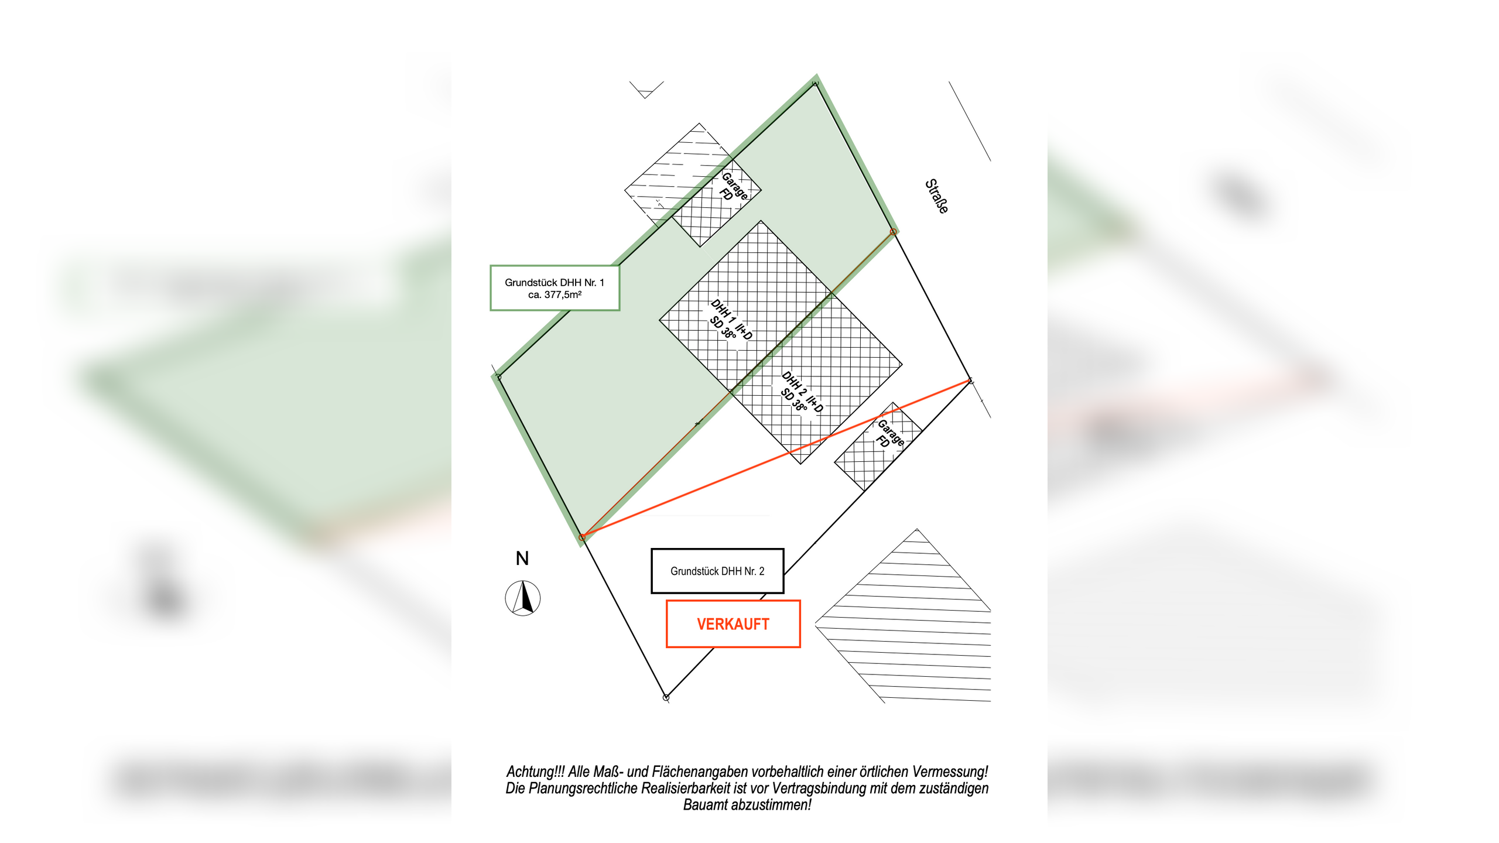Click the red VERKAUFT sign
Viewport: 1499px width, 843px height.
click(x=733, y=624)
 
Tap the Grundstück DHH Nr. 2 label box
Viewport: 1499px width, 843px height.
click(x=717, y=571)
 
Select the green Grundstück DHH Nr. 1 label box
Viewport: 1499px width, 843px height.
click(x=555, y=288)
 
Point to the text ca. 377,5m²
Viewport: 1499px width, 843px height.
click(x=555, y=294)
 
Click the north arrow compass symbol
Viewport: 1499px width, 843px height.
click(x=522, y=598)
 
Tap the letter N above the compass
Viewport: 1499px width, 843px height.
click(x=522, y=558)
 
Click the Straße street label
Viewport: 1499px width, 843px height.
click(x=936, y=196)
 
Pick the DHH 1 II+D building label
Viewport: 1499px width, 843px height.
click(x=731, y=320)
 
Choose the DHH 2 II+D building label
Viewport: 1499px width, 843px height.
click(x=802, y=392)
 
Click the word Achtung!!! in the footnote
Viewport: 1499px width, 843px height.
click(x=535, y=772)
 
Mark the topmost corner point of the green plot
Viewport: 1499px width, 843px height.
click(x=815, y=84)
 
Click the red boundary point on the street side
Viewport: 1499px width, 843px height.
click(x=893, y=232)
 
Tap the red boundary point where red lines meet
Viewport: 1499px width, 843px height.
click(x=582, y=537)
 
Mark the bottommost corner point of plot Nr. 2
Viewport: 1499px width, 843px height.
click(x=666, y=697)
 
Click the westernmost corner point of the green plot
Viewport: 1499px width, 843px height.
click(x=498, y=377)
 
